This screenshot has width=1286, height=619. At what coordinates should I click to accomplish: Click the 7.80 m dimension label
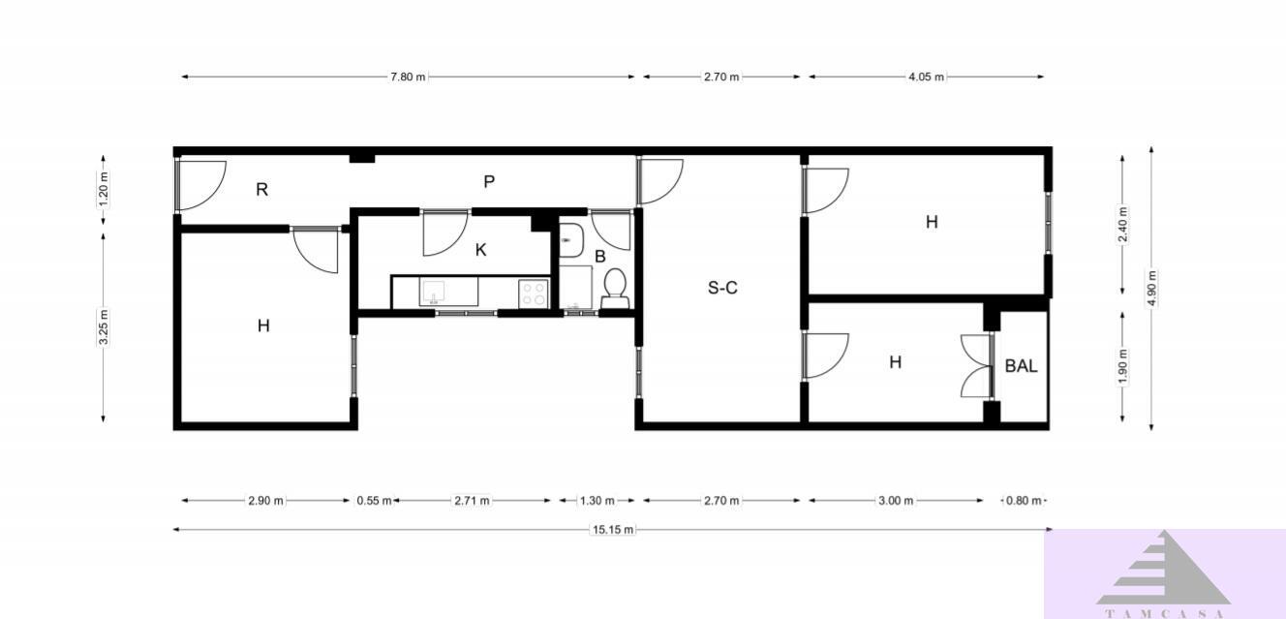pyautogui.click(x=409, y=77)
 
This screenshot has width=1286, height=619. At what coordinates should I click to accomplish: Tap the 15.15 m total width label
pyautogui.click(x=613, y=530)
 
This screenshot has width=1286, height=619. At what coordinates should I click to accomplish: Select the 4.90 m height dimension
pyautogui.click(x=1151, y=289)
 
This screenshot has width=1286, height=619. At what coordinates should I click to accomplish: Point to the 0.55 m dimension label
pyautogui.click(x=375, y=501)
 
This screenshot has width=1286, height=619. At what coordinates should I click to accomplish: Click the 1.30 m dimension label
pyautogui.click(x=597, y=501)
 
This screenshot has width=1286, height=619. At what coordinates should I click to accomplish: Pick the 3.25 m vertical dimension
pyautogui.click(x=104, y=327)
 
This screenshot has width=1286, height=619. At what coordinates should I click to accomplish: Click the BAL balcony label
pyautogui.click(x=1021, y=366)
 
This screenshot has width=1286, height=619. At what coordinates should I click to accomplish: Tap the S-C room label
pyautogui.click(x=722, y=288)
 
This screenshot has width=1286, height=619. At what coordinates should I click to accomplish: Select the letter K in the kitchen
pyautogui.click(x=481, y=250)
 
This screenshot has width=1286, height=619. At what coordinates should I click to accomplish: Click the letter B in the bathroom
pyautogui.click(x=600, y=257)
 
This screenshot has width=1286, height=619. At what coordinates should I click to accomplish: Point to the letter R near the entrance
pyautogui.click(x=261, y=190)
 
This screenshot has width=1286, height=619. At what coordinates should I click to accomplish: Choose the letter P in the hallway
pyautogui.click(x=489, y=182)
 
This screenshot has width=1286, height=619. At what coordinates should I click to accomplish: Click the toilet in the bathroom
pyautogui.click(x=615, y=289)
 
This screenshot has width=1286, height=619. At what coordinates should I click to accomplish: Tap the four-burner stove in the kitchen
pyautogui.click(x=534, y=294)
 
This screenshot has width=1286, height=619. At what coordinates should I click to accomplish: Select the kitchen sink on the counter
pyautogui.click(x=448, y=292)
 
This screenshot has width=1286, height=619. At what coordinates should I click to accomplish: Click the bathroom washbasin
pyautogui.click(x=571, y=240)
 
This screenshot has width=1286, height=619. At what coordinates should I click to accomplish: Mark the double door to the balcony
pyautogui.click(x=977, y=366)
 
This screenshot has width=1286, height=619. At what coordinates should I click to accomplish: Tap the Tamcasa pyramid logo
pyautogui.click(x=1163, y=568)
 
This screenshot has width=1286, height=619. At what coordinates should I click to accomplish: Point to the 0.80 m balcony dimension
pyautogui.click(x=1024, y=501)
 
